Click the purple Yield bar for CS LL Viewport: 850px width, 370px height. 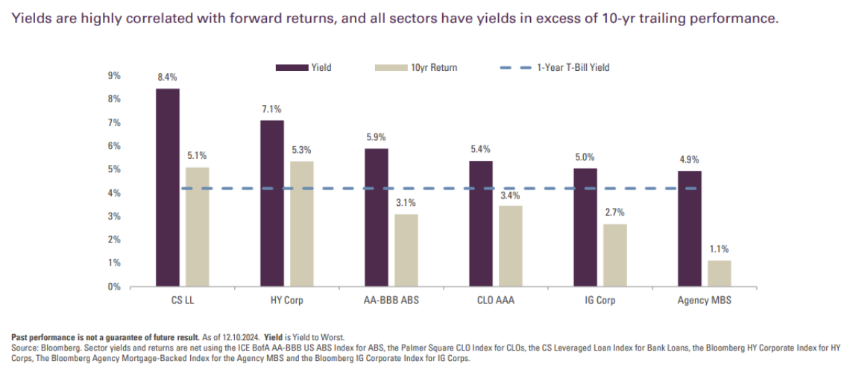point(167,187)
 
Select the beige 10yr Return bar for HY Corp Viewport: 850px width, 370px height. point(301,224)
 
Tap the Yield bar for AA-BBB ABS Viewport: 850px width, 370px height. point(376,217)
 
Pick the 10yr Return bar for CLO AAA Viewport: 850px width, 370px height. point(510,246)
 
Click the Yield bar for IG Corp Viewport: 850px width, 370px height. point(585,228)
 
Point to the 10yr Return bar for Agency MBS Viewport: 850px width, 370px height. point(719,273)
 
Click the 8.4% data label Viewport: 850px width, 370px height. point(167,77)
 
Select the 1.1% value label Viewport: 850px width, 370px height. point(719,249)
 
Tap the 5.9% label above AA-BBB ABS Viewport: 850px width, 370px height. point(376,137)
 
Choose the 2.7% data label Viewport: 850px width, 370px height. point(614,213)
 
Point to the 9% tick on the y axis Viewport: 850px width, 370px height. point(115,76)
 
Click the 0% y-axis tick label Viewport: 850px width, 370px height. point(115,286)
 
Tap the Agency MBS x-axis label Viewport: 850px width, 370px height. point(704,302)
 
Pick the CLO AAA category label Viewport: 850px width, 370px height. point(495,302)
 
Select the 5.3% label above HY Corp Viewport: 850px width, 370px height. point(301,150)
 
